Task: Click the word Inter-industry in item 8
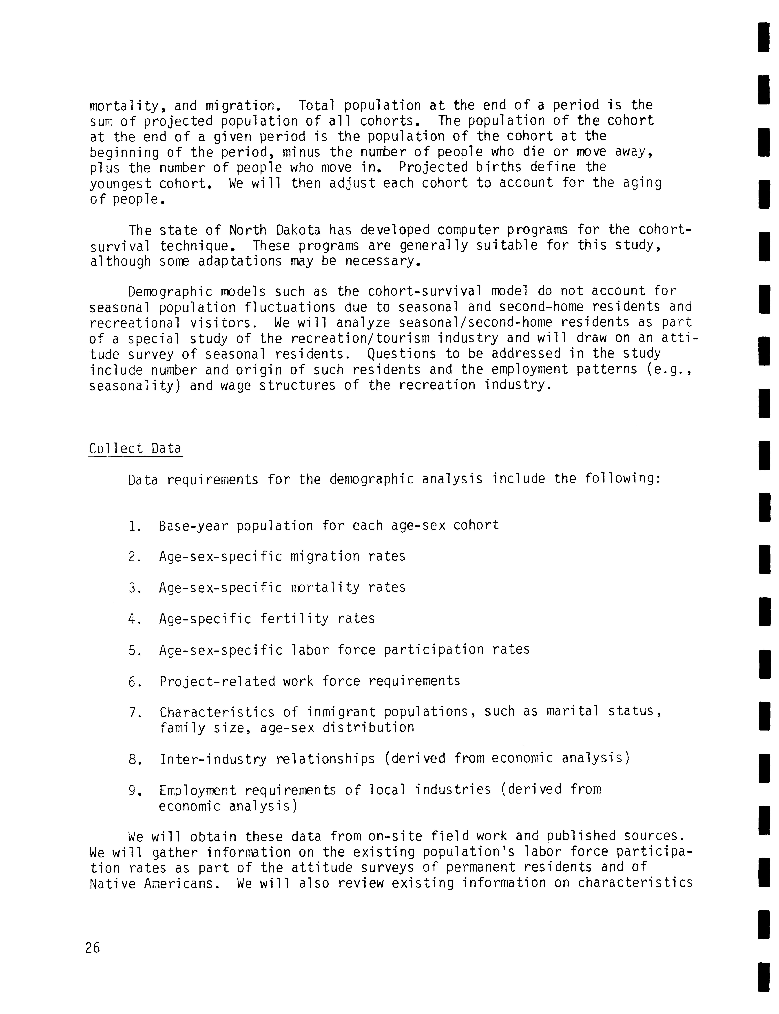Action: click(x=213, y=759)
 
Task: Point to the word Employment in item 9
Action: click(x=197, y=790)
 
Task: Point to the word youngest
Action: click(x=120, y=184)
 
